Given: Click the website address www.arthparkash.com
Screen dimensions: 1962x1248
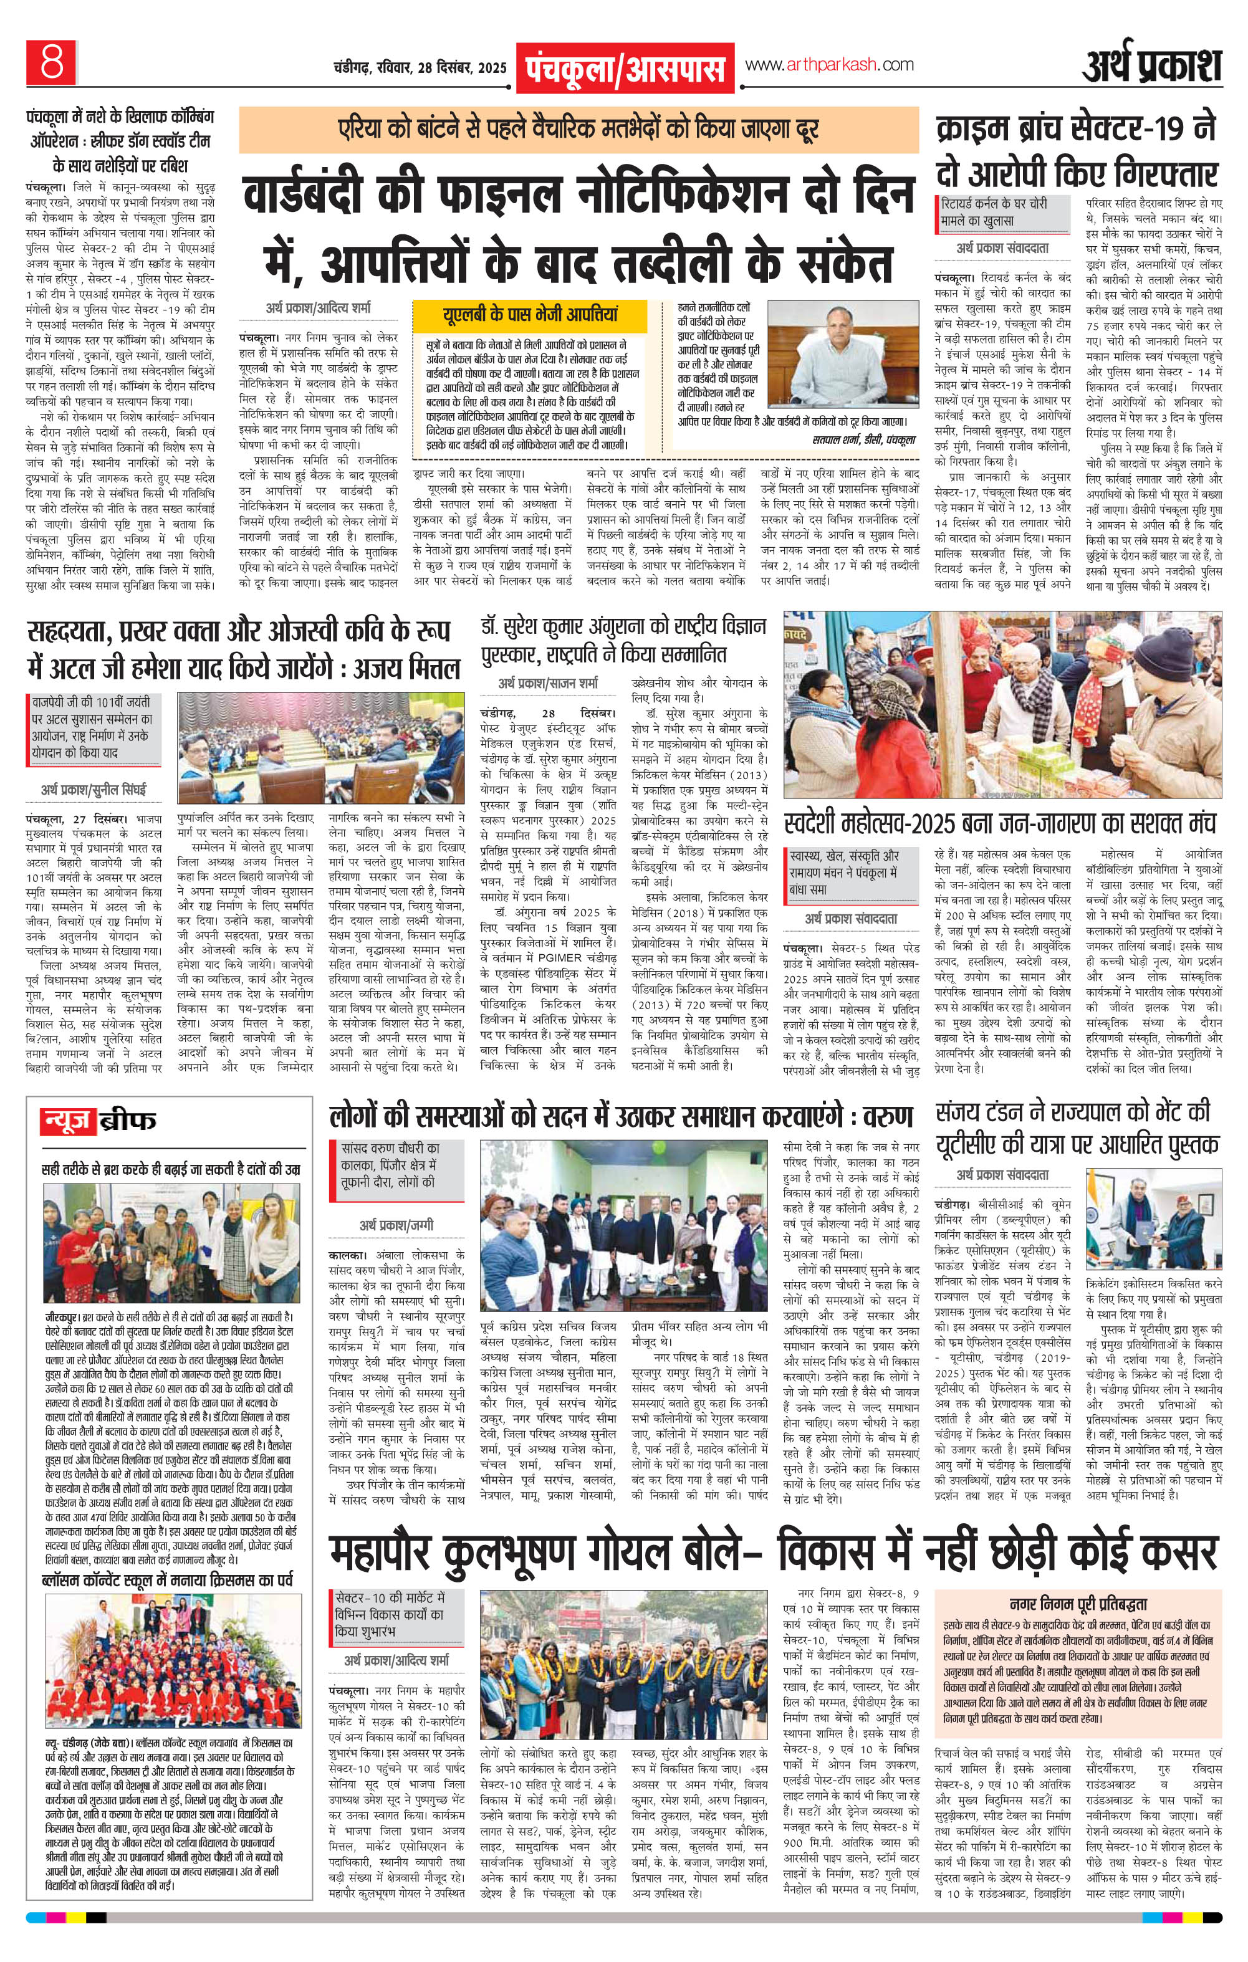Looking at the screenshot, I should coord(830,65).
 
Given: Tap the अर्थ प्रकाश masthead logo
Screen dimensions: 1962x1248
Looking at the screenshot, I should coord(1152,65).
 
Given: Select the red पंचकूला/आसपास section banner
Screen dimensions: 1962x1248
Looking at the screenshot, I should coord(625,68).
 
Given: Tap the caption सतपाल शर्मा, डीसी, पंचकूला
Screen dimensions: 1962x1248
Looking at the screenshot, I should coord(865,438).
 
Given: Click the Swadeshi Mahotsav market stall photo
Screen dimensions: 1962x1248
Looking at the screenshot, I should coord(1002,705).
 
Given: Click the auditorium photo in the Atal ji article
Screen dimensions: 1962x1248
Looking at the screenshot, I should coord(312,747).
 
